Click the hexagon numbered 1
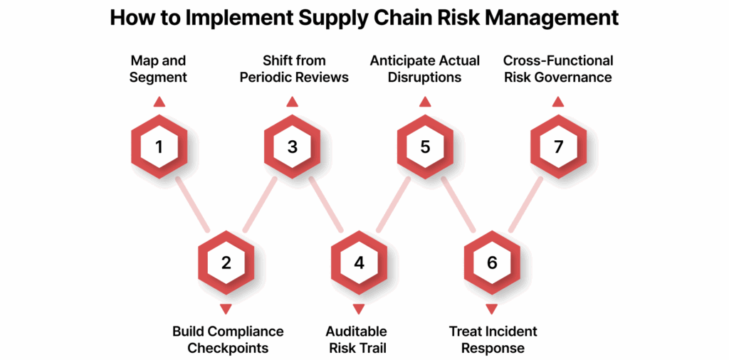(x=159, y=147)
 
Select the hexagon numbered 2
(x=226, y=263)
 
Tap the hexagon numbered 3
(x=292, y=147)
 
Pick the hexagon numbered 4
(x=359, y=263)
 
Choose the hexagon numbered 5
(x=425, y=147)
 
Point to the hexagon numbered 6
(x=492, y=263)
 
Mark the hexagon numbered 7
(x=558, y=147)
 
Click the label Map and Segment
(x=159, y=69)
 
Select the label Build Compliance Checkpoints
(x=228, y=340)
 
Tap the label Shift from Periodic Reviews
(x=294, y=69)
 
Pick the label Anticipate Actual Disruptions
(x=425, y=69)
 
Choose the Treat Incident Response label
(x=493, y=340)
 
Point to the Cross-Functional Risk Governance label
(x=558, y=69)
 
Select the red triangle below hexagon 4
(x=359, y=309)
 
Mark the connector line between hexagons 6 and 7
(x=525, y=204)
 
